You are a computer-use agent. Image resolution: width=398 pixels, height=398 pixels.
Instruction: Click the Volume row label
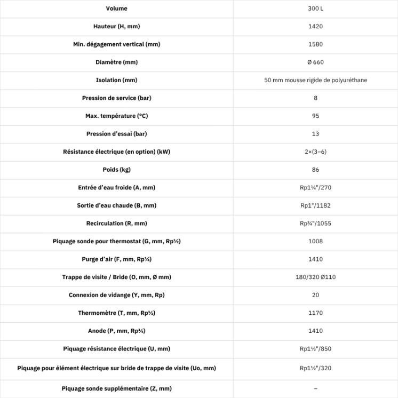116,9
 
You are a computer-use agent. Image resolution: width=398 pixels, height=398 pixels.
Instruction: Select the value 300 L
315,9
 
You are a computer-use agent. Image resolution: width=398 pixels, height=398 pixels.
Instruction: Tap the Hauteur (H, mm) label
116,26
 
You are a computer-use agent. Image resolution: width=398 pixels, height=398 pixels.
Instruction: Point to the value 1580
315,44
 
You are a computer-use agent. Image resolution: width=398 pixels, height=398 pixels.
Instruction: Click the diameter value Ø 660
315,62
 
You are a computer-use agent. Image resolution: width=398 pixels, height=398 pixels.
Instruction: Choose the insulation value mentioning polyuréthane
315,80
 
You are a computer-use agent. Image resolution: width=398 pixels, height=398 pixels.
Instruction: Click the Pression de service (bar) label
116,98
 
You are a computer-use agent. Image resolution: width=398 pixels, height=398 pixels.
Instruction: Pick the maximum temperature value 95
315,116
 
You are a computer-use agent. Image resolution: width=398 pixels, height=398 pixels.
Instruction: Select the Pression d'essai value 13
315,134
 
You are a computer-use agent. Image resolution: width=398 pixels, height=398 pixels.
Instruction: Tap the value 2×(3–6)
315,152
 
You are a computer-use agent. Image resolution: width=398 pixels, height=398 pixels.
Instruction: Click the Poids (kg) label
116,170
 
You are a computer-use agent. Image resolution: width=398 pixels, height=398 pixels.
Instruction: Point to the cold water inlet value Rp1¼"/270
315,187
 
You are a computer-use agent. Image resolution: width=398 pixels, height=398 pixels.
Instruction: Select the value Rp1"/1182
315,205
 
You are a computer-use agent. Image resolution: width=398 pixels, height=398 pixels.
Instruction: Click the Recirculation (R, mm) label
116,223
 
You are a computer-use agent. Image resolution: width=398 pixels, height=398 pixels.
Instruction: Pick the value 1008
315,241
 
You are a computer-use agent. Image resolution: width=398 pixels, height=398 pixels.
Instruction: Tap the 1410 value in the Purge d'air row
315,259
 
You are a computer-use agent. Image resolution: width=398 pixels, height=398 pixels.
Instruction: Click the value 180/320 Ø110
315,277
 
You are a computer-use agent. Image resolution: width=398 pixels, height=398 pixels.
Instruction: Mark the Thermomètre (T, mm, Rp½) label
116,313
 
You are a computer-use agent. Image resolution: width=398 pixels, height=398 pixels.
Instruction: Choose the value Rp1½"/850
315,348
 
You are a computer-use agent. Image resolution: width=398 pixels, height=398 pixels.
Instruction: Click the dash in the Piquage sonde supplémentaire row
315,388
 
